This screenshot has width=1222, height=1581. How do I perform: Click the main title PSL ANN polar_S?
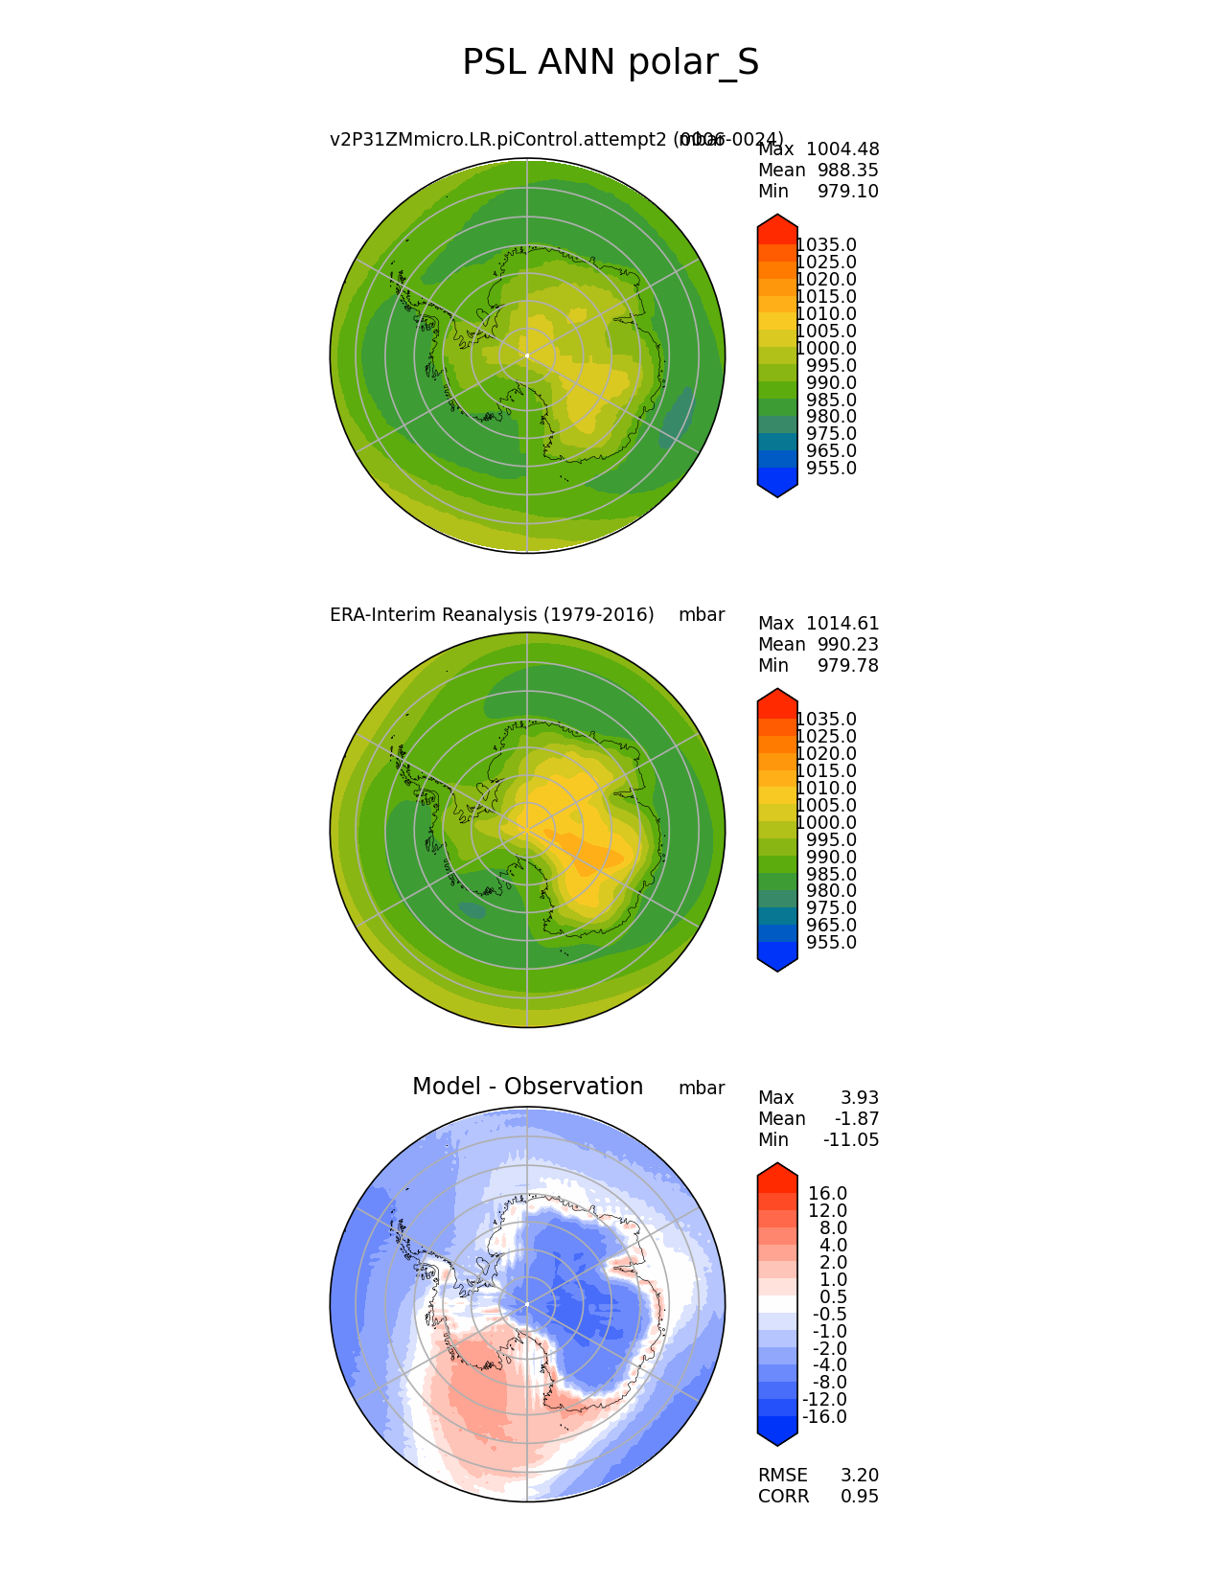(611, 63)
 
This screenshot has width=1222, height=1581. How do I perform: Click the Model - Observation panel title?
(527, 1087)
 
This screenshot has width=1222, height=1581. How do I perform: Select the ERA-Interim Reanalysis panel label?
(492, 615)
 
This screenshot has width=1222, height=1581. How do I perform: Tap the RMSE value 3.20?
(860, 1476)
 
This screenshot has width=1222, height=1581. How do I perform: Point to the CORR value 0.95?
(860, 1497)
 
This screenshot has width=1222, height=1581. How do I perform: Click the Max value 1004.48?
(842, 149)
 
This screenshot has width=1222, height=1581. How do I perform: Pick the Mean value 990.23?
(848, 645)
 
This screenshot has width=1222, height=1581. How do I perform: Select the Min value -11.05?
(851, 1140)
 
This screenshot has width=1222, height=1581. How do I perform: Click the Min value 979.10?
(848, 192)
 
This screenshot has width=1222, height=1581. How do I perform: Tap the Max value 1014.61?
(842, 624)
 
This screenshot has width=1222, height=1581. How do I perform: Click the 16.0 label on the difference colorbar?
(827, 1194)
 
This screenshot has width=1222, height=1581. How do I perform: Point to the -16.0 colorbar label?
(824, 1417)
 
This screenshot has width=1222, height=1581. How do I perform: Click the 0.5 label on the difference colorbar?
(832, 1297)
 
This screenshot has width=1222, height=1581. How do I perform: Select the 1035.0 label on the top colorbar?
(826, 245)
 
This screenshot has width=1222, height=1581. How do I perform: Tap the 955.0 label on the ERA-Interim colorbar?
(832, 943)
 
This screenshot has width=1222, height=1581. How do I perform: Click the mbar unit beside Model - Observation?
(702, 1088)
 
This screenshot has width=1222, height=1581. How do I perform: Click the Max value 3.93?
(860, 1098)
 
